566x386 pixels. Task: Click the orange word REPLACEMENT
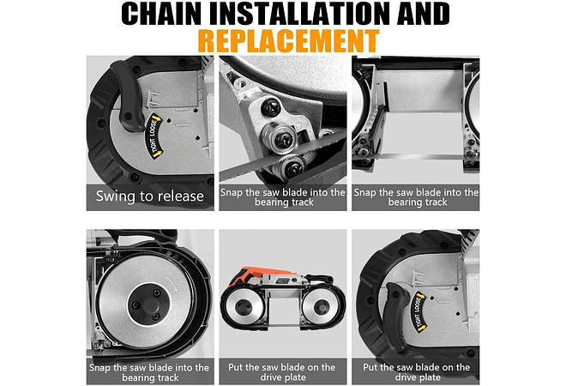(288, 41)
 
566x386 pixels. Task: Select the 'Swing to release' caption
(150, 196)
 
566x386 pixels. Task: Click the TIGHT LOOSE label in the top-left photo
(155, 136)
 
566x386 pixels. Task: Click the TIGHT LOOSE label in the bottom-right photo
(418, 311)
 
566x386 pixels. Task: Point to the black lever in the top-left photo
(127, 96)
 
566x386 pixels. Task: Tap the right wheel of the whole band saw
(320, 308)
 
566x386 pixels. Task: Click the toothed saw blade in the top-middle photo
(281, 155)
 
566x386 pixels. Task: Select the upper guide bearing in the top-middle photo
(280, 139)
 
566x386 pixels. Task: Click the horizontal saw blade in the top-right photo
(415, 157)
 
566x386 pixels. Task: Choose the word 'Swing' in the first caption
(115, 196)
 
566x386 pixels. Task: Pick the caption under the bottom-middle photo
(282, 372)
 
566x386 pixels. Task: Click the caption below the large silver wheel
(149, 372)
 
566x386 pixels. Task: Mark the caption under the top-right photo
(416, 197)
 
